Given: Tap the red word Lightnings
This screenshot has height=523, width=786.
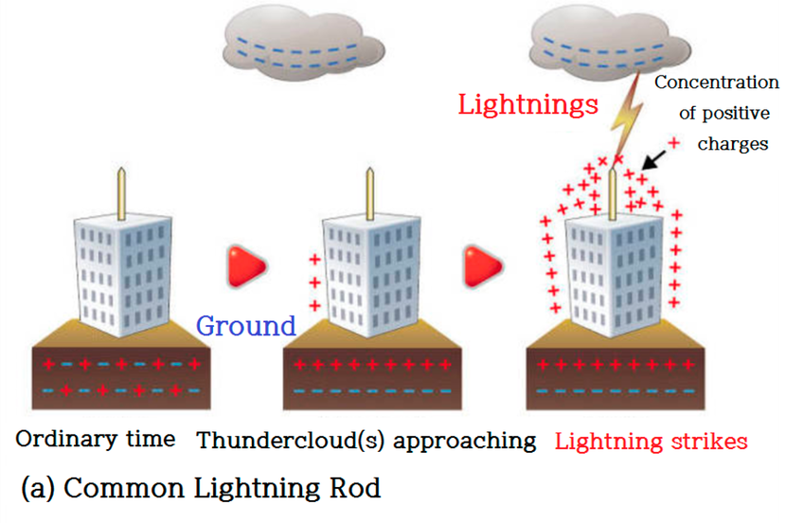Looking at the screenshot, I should pyautogui.click(x=527, y=104).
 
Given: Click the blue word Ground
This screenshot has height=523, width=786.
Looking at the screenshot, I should pyautogui.click(x=246, y=326).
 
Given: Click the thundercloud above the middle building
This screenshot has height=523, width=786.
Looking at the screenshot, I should pyautogui.click(x=298, y=45).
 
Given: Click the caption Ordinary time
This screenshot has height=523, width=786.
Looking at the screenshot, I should pyautogui.click(x=96, y=440).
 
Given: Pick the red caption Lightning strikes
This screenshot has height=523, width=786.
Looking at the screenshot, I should pyautogui.click(x=652, y=441).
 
